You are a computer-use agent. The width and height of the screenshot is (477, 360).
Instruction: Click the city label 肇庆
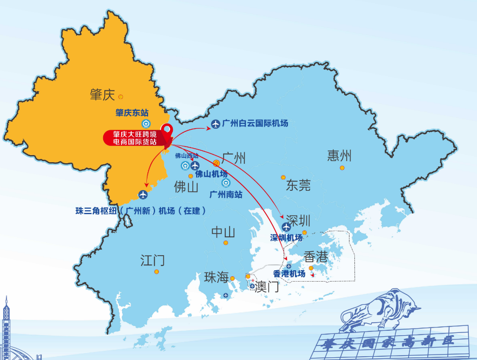(103, 95)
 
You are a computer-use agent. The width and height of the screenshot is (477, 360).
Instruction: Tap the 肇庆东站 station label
(132, 112)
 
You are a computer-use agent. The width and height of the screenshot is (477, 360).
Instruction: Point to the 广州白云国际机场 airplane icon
(216, 124)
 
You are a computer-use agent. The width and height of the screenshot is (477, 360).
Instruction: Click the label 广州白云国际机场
(255, 124)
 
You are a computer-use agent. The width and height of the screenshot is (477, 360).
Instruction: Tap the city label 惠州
(339, 156)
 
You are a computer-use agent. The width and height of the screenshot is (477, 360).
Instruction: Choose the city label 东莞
(298, 186)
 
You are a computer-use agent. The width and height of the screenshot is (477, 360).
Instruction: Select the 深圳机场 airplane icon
(286, 227)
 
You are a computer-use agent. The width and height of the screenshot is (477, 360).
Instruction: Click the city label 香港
(315, 257)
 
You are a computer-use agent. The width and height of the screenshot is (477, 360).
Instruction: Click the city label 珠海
(216, 277)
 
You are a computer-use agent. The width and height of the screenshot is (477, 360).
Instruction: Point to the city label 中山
(223, 232)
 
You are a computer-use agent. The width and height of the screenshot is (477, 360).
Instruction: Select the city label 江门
(152, 261)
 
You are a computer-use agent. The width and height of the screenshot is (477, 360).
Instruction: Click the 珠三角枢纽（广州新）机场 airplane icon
(143, 195)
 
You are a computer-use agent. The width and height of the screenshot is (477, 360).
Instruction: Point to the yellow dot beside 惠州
(342, 168)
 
